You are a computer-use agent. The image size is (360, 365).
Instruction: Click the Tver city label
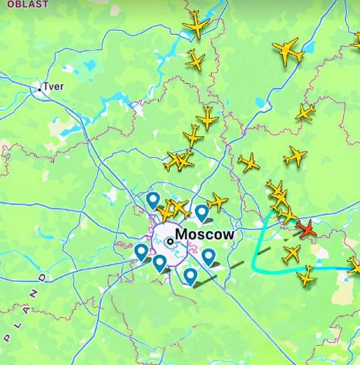pyautogui.click(x=55, y=87)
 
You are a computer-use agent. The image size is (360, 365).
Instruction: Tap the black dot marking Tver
pyautogui.click(x=40, y=89)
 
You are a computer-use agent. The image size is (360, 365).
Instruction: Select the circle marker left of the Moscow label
pyautogui.click(x=170, y=241)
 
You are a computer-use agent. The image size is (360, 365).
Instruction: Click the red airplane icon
pyautogui.click(x=308, y=229)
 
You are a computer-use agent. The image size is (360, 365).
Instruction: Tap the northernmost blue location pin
pyautogui.click(x=153, y=200)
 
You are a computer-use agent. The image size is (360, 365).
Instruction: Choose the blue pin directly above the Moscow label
pyautogui.click(x=201, y=211)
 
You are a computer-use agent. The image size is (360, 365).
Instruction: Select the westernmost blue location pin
pyautogui.click(x=141, y=252)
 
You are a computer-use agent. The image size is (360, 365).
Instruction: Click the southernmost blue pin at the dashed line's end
pyautogui.click(x=190, y=275)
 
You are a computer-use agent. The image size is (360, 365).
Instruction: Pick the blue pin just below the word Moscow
pyautogui.click(x=208, y=256)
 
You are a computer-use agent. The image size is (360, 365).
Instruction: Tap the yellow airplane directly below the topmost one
pyautogui.click(x=196, y=59)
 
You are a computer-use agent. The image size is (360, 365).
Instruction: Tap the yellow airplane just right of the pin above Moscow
pyautogui.click(x=218, y=202)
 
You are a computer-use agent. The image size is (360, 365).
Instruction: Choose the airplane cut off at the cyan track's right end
pyautogui.click(x=355, y=266)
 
